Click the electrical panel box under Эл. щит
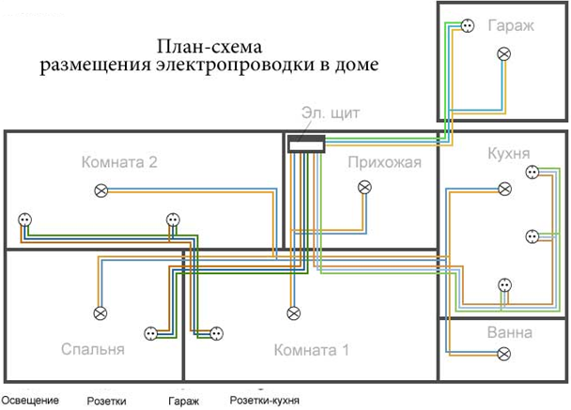[x=305, y=144]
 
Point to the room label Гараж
[x=510, y=25]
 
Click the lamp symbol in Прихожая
[x=364, y=188]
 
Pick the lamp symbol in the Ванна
[x=504, y=354]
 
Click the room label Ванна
[x=510, y=332]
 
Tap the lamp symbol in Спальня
[x=100, y=312]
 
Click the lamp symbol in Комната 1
[x=292, y=312]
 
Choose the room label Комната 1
[x=310, y=351]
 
